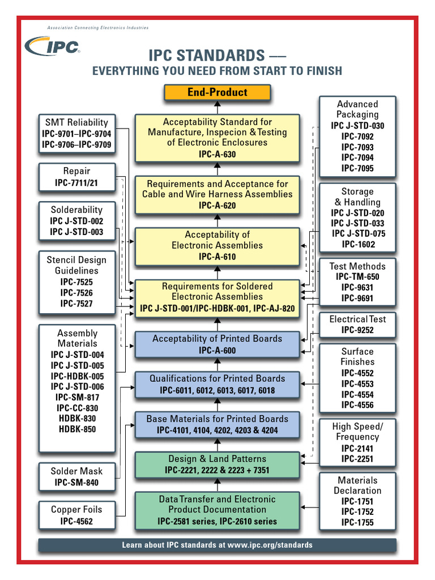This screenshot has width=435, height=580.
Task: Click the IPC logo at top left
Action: tap(53, 47)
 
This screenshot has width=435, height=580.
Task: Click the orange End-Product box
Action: tap(217, 92)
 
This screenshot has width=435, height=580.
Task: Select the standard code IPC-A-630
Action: tap(217, 154)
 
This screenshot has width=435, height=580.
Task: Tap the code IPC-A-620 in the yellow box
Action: tap(217, 205)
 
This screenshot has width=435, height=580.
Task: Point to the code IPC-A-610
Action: tap(217, 257)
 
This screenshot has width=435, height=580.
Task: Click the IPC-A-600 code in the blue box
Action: tap(217, 351)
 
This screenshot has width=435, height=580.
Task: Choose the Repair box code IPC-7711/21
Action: tap(76, 183)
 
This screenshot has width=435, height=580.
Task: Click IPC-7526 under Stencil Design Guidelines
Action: tap(76, 293)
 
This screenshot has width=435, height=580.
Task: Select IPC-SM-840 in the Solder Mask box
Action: tap(76, 483)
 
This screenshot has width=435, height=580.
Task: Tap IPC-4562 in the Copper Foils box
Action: tap(76, 521)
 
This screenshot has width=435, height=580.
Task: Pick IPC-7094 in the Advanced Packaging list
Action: tap(357, 157)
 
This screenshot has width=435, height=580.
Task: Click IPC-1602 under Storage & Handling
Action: tap(357, 245)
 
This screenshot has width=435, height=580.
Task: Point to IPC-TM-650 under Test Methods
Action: tap(357, 277)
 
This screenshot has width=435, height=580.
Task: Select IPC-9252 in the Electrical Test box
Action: tap(357, 330)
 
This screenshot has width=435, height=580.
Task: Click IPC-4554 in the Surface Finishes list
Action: tap(357, 394)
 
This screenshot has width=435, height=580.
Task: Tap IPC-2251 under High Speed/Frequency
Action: tap(357, 458)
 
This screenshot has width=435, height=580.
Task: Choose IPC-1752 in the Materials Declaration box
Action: tap(357, 511)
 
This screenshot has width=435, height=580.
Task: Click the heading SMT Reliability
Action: tap(76, 122)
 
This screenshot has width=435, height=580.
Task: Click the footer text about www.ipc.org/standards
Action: tap(217, 545)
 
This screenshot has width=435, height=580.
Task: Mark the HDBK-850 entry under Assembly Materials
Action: tap(77, 429)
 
